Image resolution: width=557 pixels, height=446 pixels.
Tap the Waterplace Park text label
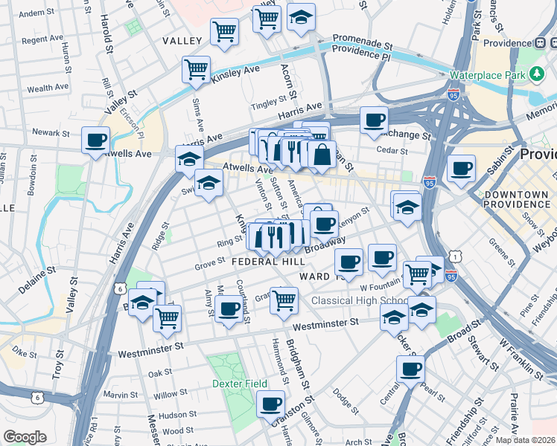point(488,75)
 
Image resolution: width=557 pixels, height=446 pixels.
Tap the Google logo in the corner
point(25,437)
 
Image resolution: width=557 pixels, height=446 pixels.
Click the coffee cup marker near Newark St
point(95,140)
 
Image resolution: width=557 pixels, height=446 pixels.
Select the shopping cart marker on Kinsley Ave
point(196,70)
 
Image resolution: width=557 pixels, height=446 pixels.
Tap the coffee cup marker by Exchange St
point(375,120)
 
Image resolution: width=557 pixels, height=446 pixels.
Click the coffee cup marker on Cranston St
point(271,404)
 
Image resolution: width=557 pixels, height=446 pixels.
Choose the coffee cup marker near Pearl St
point(410,369)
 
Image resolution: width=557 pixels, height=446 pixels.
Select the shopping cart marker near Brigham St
point(284,300)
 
